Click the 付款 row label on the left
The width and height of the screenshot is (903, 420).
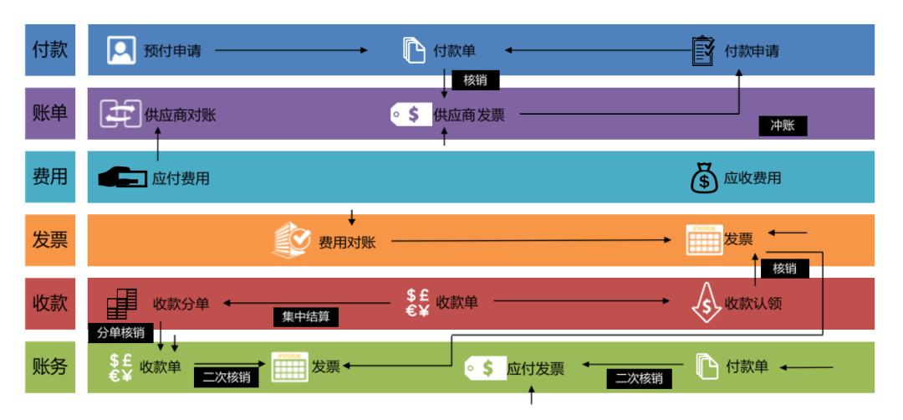[x=49, y=50]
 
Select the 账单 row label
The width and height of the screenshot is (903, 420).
[x=49, y=114]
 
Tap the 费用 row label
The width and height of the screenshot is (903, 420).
[x=49, y=177]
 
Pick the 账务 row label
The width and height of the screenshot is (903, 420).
[x=49, y=366]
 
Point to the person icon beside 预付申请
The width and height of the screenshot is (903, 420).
[x=121, y=50]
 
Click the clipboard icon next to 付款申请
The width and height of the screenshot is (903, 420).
[x=704, y=50]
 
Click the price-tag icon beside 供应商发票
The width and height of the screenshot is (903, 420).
[x=411, y=114]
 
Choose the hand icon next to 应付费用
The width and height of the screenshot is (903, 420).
[x=122, y=177]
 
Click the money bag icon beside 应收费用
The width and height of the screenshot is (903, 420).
[x=704, y=177]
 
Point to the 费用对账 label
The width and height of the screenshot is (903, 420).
[x=347, y=243]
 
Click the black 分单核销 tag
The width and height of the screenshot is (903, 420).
[x=120, y=332]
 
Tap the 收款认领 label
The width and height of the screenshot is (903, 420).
[x=753, y=303]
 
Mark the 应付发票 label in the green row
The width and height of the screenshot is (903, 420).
[x=536, y=368]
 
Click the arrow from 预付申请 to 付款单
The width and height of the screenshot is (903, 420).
[x=291, y=51]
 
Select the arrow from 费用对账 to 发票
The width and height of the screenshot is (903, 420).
[x=531, y=242]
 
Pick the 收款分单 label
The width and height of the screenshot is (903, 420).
[x=181, y=303]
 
